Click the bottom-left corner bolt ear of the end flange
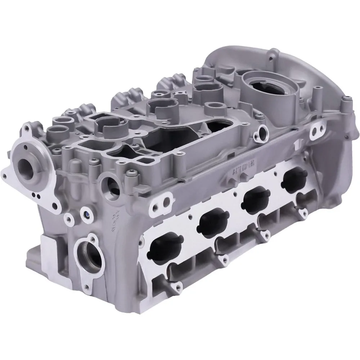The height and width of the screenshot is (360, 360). pyautogui.click(x=5, y=176)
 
